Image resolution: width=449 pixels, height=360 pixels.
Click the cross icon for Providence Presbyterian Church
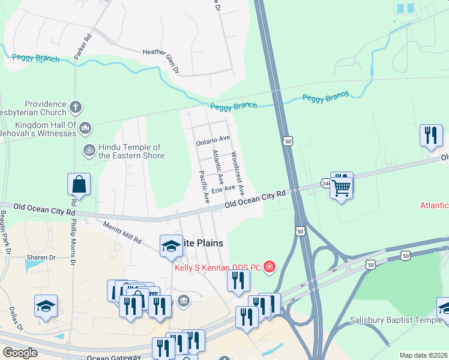pos(75,107)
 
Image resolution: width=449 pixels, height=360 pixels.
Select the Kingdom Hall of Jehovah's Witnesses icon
pos(85,128)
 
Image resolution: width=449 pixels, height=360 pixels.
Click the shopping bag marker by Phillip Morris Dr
pos(79,185)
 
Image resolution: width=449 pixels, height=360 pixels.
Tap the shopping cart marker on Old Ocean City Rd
pos(342,187)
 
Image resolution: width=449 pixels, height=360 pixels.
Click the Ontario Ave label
pos(213,140)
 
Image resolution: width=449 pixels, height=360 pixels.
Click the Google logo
pos(20,353)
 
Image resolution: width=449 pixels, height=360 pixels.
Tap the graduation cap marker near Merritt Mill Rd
pos(170,245)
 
